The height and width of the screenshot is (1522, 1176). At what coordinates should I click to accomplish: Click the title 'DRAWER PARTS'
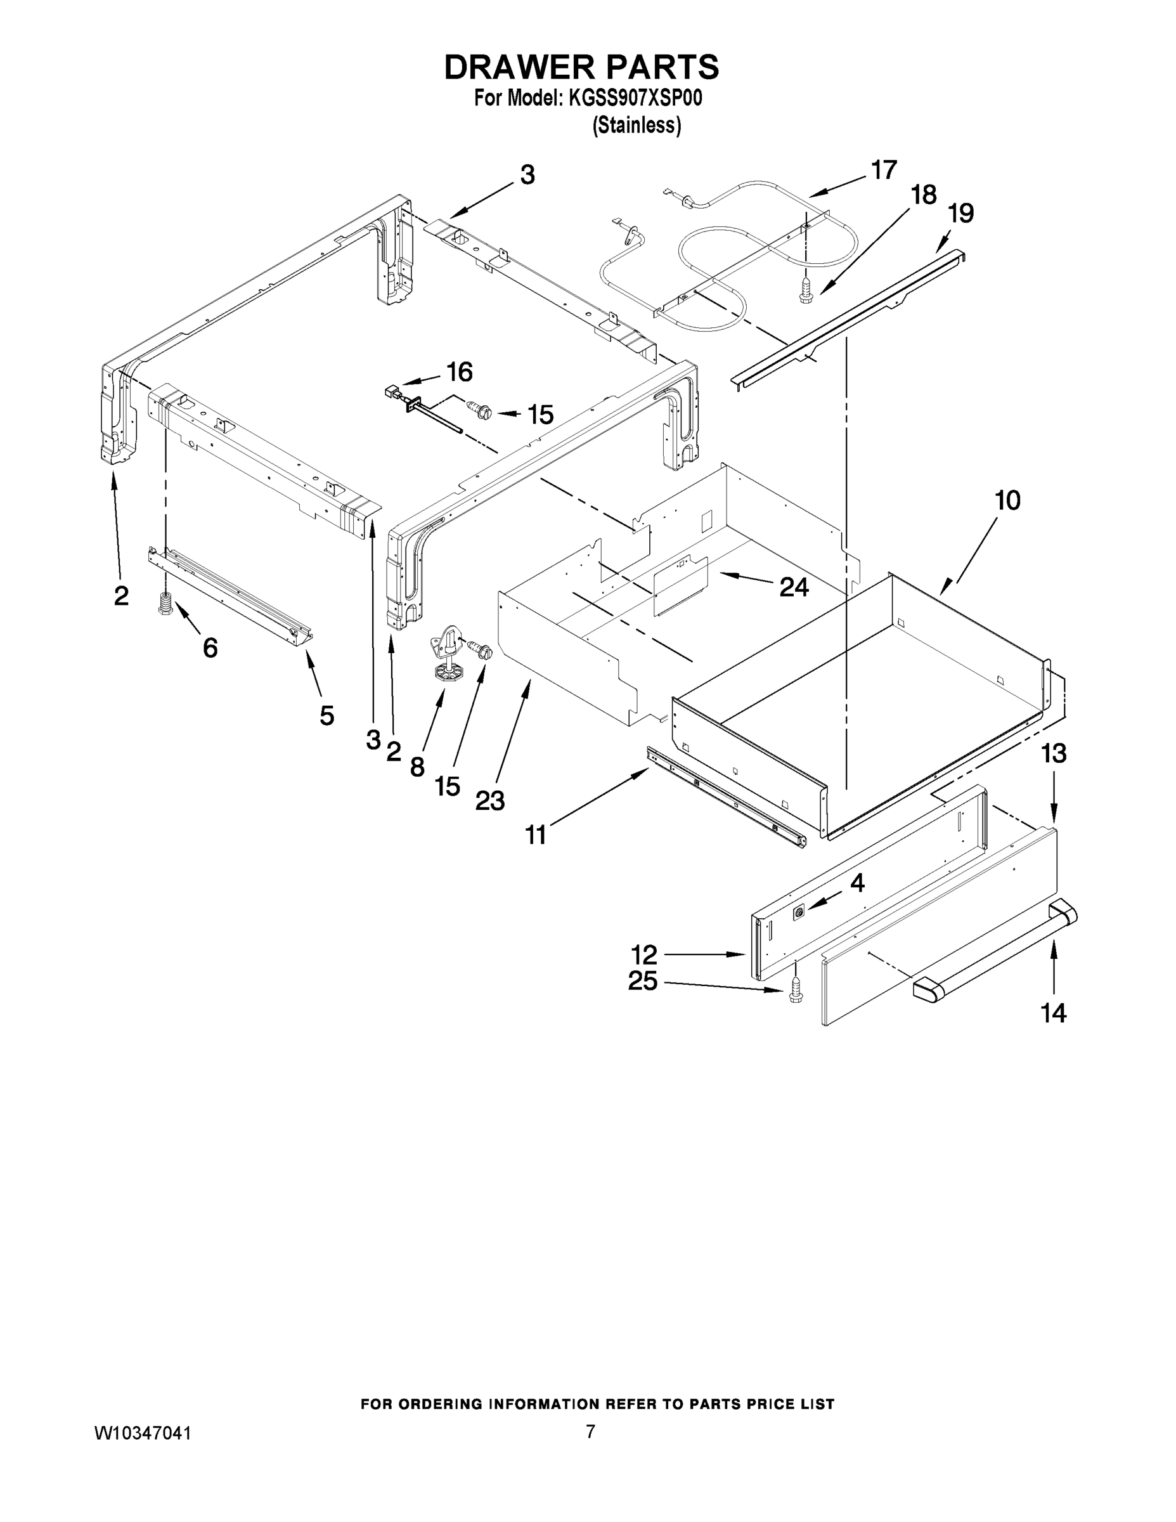coord(581,68)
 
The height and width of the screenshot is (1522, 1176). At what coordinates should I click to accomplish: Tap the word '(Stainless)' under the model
coord(636,126)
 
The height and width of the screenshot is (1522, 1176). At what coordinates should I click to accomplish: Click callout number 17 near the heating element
coord(883,170)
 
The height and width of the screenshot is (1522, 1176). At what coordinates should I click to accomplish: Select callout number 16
coord(459,372)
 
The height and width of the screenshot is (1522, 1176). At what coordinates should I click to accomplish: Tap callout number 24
coord(794,587)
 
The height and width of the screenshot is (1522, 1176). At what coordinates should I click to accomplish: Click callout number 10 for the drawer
coord(1007,500)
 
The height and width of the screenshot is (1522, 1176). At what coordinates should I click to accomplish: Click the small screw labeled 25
coord(795,998)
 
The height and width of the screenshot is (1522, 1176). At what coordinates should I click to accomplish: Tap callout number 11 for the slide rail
coord(535,834)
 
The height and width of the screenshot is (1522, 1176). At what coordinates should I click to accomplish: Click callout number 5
coord(326,715)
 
